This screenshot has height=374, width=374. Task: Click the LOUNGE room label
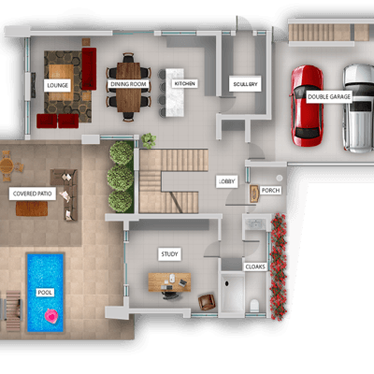pyautogui.click(x=57, y=85)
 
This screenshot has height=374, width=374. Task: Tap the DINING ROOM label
pyautogui.click(x=128, y=84)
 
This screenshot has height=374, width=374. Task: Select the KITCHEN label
pyautogui.click(x=184, y=83)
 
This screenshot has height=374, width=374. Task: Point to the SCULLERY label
pyautogui.click(x=245, y=84)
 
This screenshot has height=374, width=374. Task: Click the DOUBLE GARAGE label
pyautogui.click(x=329, y=96)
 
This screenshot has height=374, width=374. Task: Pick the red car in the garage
pyautogui.click(x=307, y=106)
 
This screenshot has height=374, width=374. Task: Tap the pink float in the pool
pyautogui.click(x=50, y=316)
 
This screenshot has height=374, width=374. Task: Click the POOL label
pyautogui.click(x=45, y=293)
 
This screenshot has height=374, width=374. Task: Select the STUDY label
pyautogui.click(x=169, y=254)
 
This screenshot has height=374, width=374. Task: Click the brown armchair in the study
pyautogui.click(x=207, y=302)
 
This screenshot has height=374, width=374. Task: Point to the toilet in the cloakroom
pyautogui.click(x=254, y=306)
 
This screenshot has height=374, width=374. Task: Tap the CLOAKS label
pyautogui.click(x=255, y=266)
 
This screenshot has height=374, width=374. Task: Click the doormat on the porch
pyautogui.click(x=254, y=194)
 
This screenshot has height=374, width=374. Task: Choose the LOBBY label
pyautogui.click(x=227, y=181)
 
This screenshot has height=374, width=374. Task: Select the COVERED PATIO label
pyautogui.click(x=33, y=194)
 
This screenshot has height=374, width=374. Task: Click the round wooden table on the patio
pyautogui.click(x=7, y=165)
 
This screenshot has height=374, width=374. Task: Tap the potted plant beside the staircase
pyautogui.click(x=149, y=140)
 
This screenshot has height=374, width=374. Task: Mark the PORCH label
pyautogui.click(x=270, y=190)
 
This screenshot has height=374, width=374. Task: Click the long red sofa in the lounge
pyautogui.click(x=89, y=69)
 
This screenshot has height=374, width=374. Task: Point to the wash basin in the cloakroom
pyautogui.click(x=255, y=223)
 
